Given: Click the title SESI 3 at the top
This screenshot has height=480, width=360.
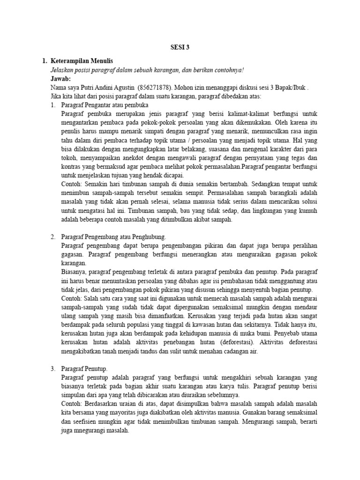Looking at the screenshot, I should pyautogui.click(x=180, y=47).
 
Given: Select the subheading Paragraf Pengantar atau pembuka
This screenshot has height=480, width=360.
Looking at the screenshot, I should pyautogui.click(x=105, y=105).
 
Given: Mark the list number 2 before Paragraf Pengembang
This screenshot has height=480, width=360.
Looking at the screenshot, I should pyautogui.click(x=53, y=237).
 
